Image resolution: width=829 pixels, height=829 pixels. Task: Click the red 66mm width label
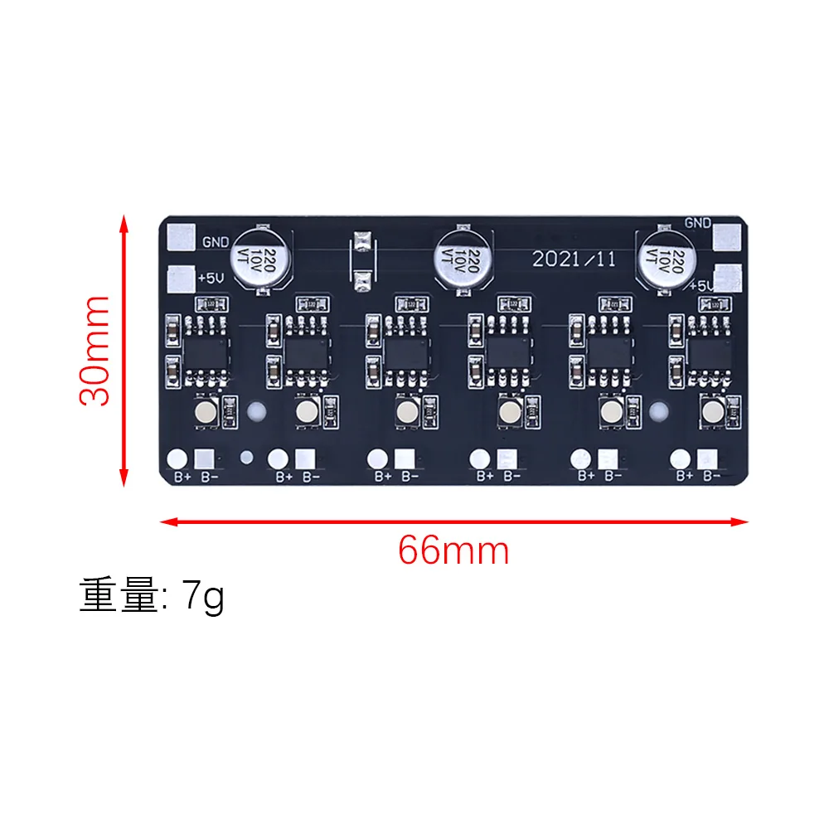point(453,550)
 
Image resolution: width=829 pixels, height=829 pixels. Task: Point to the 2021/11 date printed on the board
point(574,259)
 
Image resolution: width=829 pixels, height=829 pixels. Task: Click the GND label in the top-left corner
point(215,242)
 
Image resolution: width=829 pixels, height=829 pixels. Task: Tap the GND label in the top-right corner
point(698,222)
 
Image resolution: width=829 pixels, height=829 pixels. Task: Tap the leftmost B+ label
point(182,477)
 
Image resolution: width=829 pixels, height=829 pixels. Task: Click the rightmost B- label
point(711,476)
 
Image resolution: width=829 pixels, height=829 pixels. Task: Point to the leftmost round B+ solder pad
point(177,458)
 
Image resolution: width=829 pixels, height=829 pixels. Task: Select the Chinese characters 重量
point(118,596)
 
